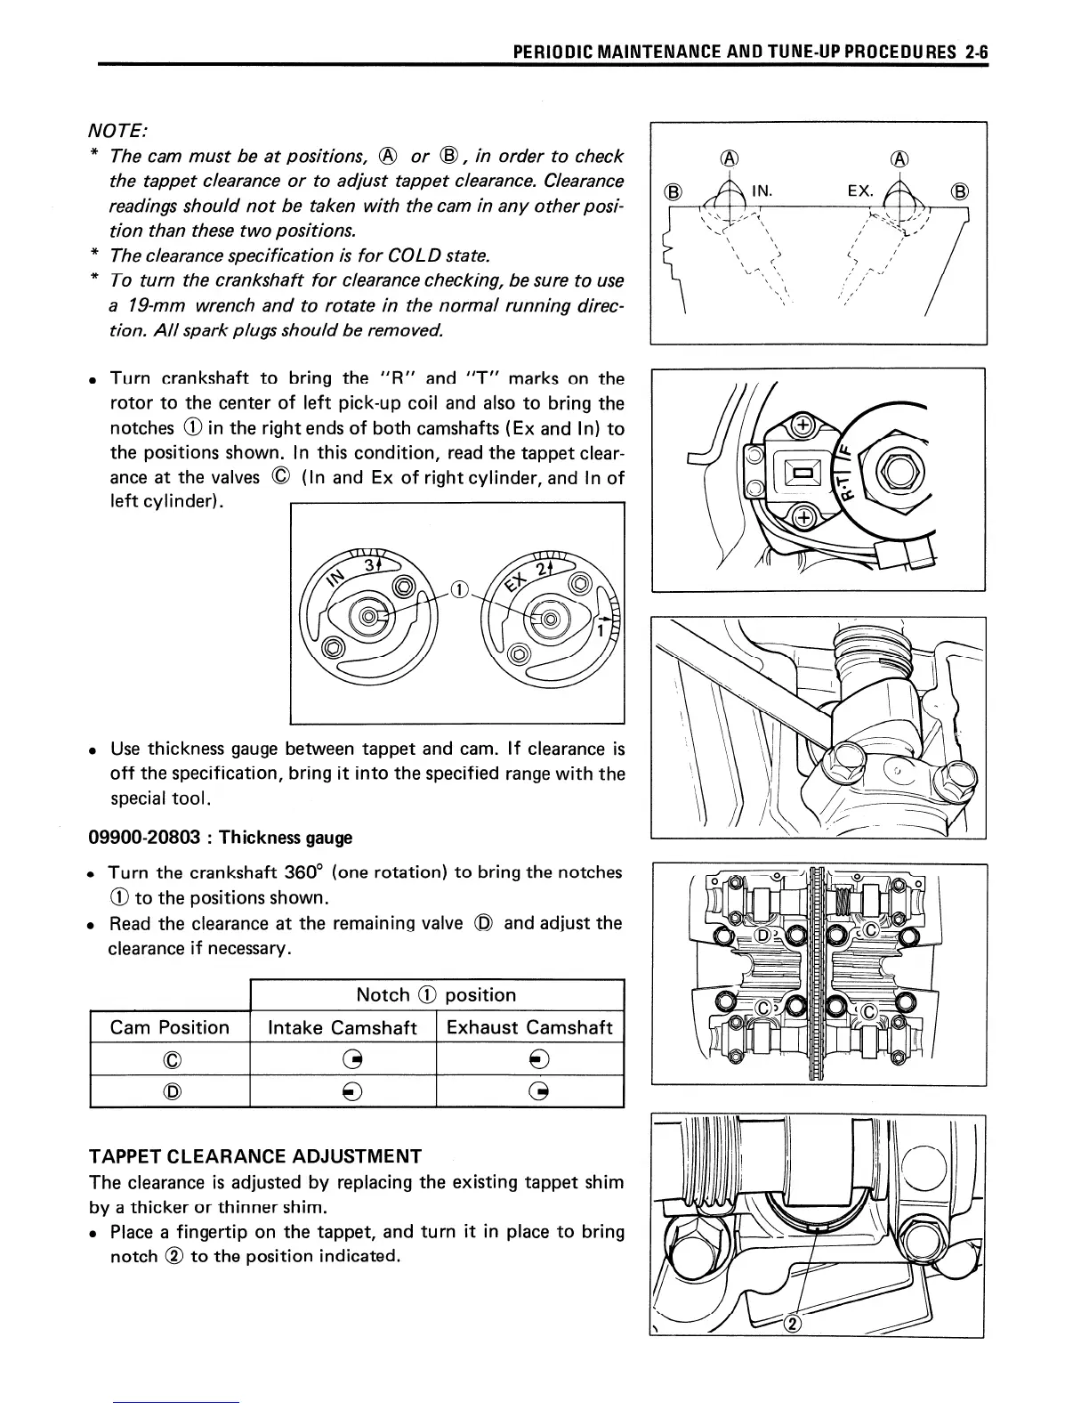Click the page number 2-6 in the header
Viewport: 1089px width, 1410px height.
click(x=977, y=53)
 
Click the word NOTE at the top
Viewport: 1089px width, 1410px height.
click(x=117, y=130)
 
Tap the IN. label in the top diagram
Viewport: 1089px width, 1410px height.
click(x=762, y=190)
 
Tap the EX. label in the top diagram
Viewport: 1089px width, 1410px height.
click(x=859, y=190)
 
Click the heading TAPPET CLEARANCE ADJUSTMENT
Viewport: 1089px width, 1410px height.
click(x=255, y=1156)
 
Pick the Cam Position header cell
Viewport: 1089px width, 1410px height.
click(x=169, y=1027)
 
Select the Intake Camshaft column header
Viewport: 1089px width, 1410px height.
click(x=343, y=1027)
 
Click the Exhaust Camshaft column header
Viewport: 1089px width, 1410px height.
click(x=529, y=1027)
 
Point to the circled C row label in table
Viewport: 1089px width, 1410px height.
click(x=172, y=1059)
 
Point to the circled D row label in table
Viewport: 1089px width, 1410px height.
click(x=172, y=1090)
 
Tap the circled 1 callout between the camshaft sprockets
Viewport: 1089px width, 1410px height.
click(x=458, y=588)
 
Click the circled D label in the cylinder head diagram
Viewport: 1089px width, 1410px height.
click(x=764, y=936)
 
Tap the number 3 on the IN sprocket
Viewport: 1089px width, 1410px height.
click(x=369, y=565)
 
